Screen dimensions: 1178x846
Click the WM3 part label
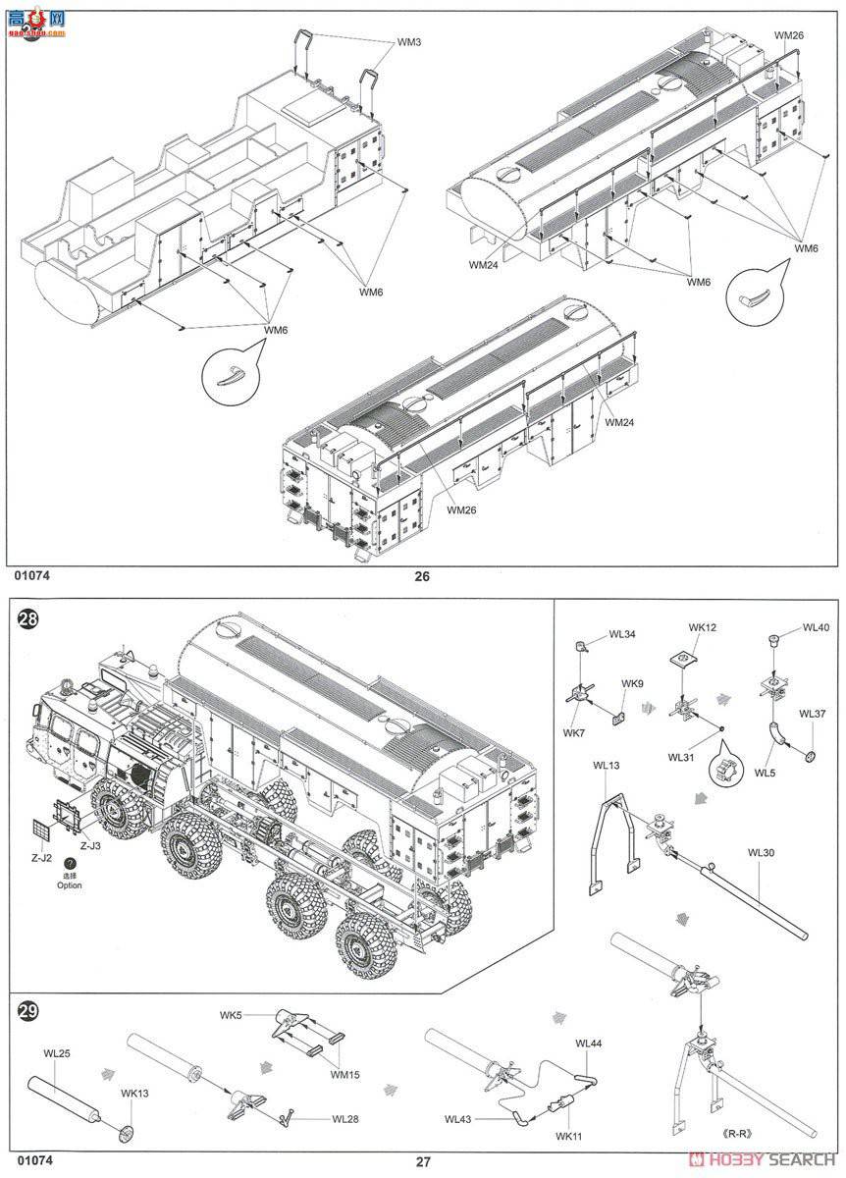(410, 42)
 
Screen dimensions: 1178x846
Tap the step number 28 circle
(26, 621)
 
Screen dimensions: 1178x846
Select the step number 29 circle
(26, 1010)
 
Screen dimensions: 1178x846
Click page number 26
(422, 576)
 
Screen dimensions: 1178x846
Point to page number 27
(422, 1161)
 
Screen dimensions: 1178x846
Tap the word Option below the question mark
(70, 885)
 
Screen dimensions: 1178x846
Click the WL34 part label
(621, 634)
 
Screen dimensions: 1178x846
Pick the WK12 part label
(703, 626)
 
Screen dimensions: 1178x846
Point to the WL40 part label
(816, 627)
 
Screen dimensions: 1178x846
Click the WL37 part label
(812, 714)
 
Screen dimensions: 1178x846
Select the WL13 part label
(607, 765)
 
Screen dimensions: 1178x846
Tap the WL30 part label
(761, 852)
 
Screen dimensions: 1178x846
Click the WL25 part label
(57, 1053)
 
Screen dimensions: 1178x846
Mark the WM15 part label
(344, 1074)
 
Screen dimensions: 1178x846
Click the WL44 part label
(589, 1044)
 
